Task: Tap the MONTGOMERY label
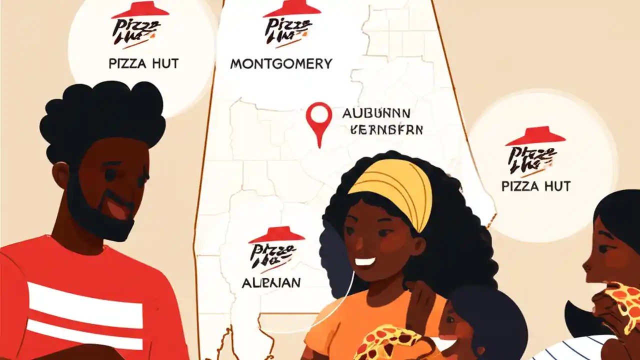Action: tap(281, 64)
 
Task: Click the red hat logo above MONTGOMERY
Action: tap(292, 9)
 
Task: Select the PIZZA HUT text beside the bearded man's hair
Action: tap(143, 64)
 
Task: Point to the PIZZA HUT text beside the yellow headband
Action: tap(535, 186)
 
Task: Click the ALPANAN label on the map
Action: tap(271, 282)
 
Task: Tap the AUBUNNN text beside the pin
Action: tap(376, 113)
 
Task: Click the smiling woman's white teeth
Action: tap(365, 261)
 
